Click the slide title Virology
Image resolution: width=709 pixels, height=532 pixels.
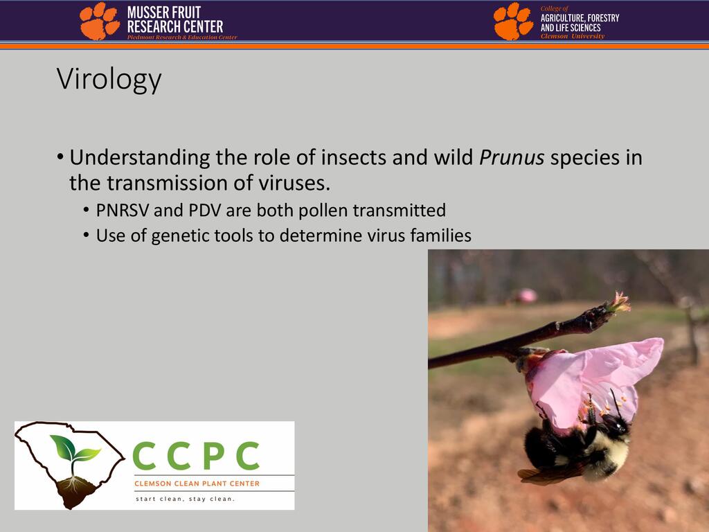click(109, 80)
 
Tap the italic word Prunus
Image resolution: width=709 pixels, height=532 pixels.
click(512, 157)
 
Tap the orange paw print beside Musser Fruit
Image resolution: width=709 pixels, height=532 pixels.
click(100, 21)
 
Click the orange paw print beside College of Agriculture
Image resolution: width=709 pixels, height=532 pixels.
click(513, 21)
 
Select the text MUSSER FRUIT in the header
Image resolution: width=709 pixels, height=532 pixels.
click(163, 12)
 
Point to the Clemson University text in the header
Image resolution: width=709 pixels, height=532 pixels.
click(573, 36)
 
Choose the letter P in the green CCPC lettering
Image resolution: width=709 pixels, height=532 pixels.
click(215, 456)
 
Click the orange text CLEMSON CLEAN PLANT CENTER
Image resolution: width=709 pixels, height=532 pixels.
click(197, 484)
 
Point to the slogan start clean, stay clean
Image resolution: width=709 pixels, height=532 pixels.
click(186, 499)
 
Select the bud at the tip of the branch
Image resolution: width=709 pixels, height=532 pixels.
click(616, 304)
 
